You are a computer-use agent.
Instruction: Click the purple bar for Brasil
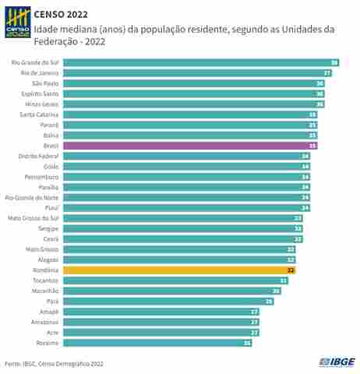click(x=190, y=146)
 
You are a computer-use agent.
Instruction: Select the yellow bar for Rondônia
click(x=179, y=270)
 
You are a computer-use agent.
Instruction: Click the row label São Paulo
click(x=45, y=83)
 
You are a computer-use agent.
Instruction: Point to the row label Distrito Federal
click(x=39, y=156)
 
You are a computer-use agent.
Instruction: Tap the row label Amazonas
click(x=45, y=322)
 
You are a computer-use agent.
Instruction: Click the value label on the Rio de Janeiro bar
click(x=328, y=72)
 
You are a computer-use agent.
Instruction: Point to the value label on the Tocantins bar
click(x=284, y=280)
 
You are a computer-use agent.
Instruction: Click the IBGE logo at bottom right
click(x=336, y=362)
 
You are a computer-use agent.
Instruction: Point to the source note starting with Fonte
click(x=53, y=363)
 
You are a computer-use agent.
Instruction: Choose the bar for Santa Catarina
click(x=190, y=115)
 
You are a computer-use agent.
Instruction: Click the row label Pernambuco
click(x=42, y=177)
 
